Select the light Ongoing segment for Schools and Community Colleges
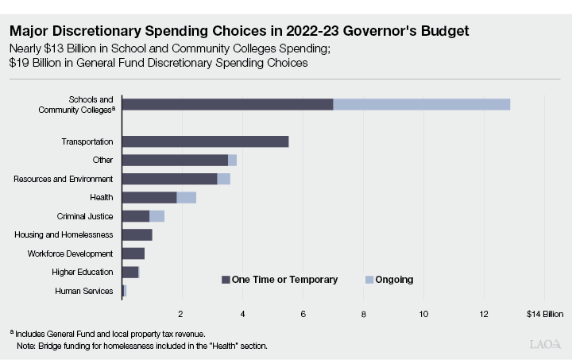click(421, 104)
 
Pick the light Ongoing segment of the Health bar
click(186, 197)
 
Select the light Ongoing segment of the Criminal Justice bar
click(157, 216)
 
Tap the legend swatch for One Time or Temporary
click(226, 280)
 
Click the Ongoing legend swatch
click(369, 280)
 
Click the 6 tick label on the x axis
click(303, 313)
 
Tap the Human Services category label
click(83, 291)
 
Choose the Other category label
click(102, 160)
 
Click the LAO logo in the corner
click(545, 344)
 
